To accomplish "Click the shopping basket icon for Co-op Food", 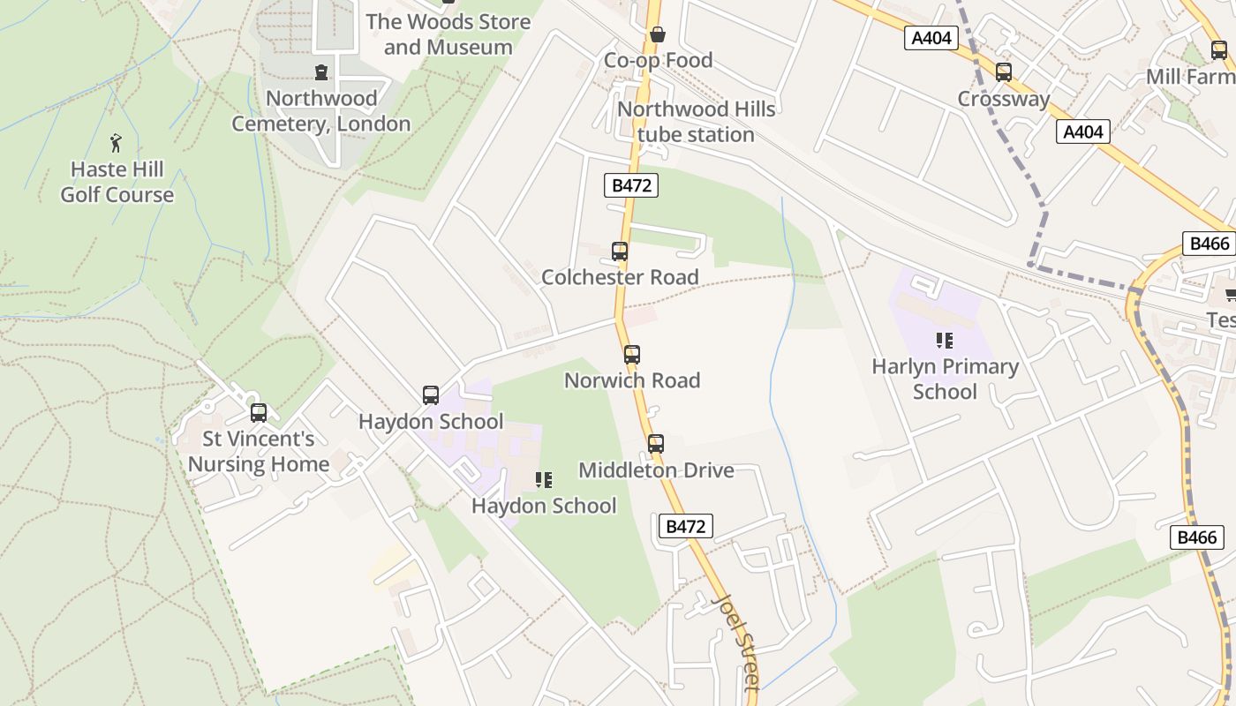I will point(657,35).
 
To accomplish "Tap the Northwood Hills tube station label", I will point(696,122).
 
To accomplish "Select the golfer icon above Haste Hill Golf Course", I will point(116,142).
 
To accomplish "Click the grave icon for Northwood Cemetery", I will point(321,72).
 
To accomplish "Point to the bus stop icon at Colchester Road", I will point(620,252).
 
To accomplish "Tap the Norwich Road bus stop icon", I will point(632,355).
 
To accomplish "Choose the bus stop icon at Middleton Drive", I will point(655,444).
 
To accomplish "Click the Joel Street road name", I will point(736,642).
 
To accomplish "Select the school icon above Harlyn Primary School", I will point(945,341).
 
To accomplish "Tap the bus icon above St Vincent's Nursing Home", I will point(259,413).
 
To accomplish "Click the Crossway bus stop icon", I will point(1004,72).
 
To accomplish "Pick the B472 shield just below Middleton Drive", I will point(685,527).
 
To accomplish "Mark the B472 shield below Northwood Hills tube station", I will point(631,185).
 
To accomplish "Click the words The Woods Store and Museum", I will point(448,34).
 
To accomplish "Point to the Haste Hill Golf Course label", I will point(117,182).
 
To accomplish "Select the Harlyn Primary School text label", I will point(945,379).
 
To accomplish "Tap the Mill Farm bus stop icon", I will point(1219,51).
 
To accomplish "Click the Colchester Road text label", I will point(620,277).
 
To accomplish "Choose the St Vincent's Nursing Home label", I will point(259,451).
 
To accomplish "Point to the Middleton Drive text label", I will point(656,470).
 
